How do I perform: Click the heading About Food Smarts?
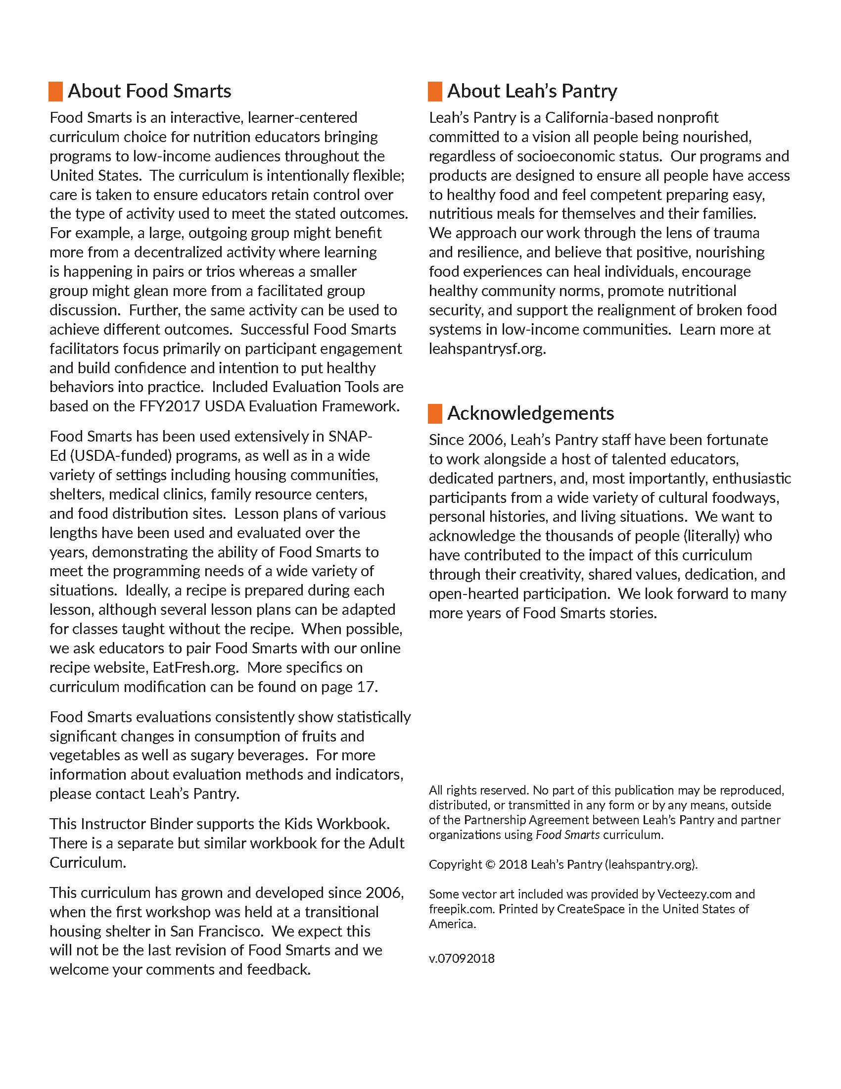(149, 91)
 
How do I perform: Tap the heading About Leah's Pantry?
(532, 91)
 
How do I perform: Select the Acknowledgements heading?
(530, 413)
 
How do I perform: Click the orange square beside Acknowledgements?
(435, 414)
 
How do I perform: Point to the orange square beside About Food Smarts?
(55, 92)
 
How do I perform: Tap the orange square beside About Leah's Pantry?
(435, 92)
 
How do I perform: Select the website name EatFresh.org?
(195, 668)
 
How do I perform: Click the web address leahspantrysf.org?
(487, 348)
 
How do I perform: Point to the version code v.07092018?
(462, 958)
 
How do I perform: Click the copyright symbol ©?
(490, 865)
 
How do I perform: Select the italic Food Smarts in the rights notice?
(567, 835)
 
